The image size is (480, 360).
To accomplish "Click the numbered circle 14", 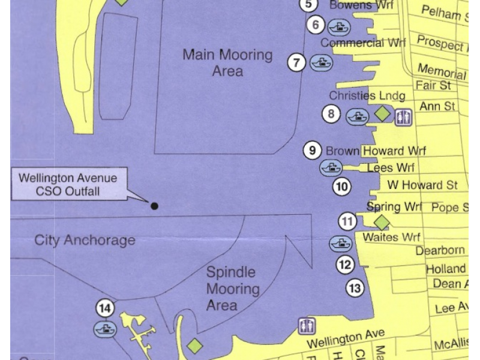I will pos(105,308).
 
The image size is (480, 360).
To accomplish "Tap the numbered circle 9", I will pos(311,150).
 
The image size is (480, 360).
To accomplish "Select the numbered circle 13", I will pos(355,289).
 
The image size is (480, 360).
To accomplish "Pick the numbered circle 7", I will pos(296,62).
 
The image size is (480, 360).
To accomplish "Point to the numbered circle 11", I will pos(348,221).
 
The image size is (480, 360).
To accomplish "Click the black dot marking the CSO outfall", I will pos(154,206).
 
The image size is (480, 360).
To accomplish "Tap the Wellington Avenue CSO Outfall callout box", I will pos(68,185).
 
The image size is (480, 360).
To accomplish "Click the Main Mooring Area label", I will pos(227,63).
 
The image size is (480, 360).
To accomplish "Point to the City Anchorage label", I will pos(85,241).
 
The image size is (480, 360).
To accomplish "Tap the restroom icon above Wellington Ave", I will pos(307,326).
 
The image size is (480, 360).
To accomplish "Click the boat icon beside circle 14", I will pos(105,329).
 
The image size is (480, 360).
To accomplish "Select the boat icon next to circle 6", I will pos(339,26).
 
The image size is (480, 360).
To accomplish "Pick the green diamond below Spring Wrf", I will pos(382,223).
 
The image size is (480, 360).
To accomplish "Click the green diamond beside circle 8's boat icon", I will pos(382,113).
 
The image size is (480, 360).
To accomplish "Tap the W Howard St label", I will pos(422,185).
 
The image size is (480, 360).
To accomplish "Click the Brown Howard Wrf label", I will pos(376,151).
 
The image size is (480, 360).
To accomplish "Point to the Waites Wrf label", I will pos(391,238).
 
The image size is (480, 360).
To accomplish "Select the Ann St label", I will pos(437,106).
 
